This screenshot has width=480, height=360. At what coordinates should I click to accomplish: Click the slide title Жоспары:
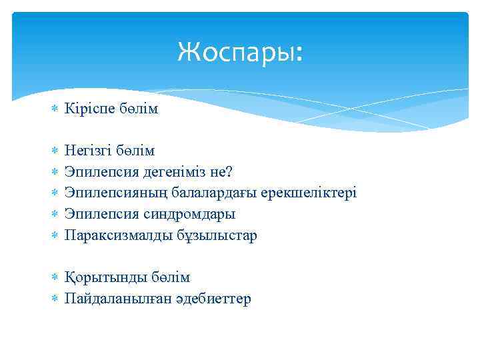[x=240, y=51]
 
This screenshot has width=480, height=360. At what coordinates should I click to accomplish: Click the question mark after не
[x=229, y=172]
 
